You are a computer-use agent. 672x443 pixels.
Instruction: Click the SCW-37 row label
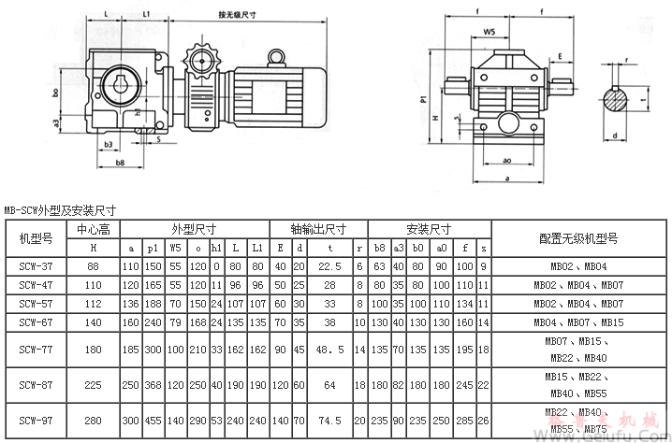[34, 266]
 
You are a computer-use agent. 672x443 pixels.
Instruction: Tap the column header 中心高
[93, 229]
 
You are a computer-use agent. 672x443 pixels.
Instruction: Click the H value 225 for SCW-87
[93, 384]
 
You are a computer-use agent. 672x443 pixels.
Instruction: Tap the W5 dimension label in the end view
[489, 33]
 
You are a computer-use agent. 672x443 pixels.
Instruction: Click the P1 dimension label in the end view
[425, 95]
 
